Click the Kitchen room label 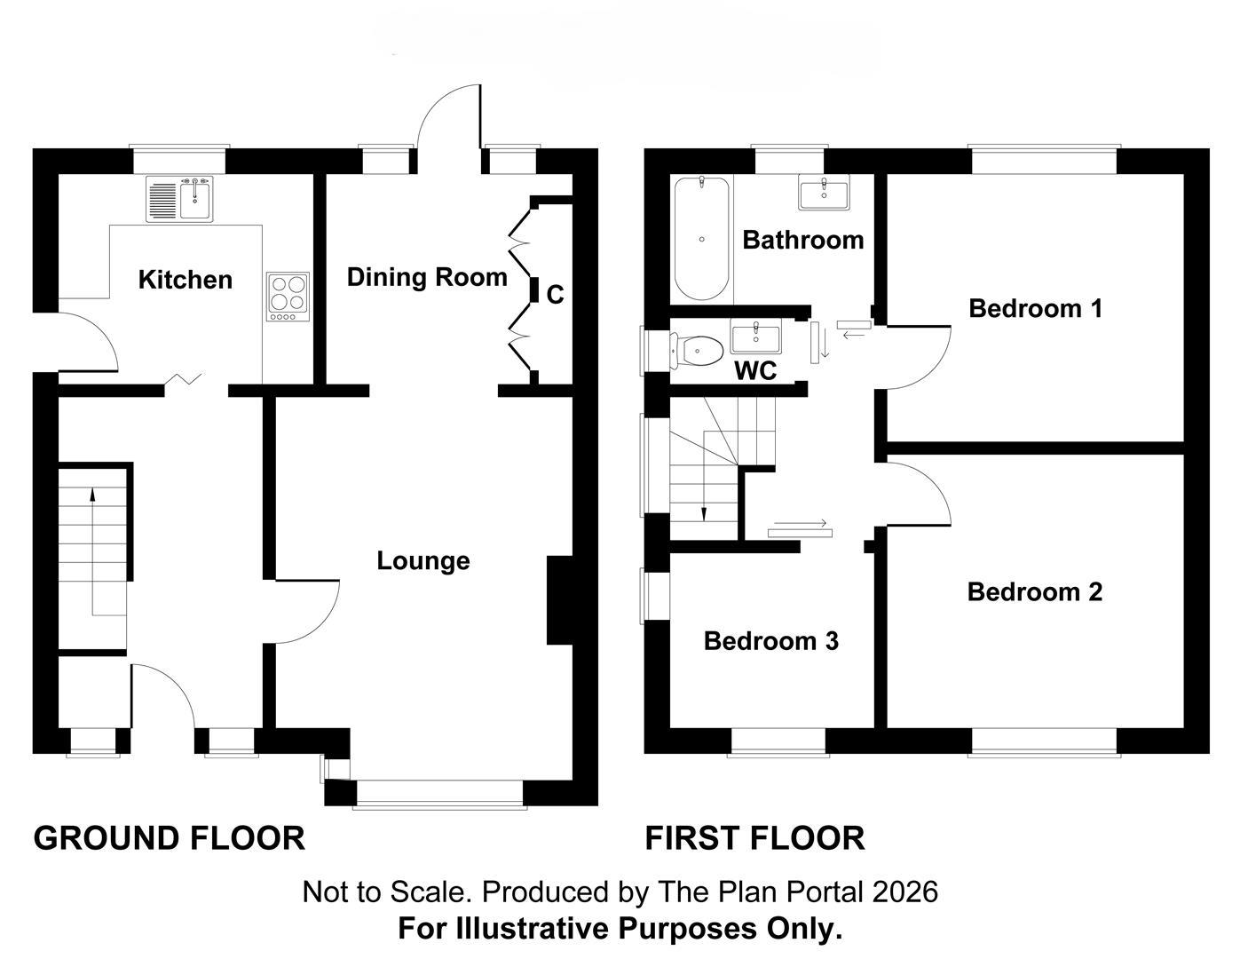coord(186,280)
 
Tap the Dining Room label coord(428,277)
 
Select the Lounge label coord(423,560)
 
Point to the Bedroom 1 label coord(1035,308)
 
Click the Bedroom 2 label coord(1035,592)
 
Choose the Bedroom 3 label coord(771,641)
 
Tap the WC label coord(755,371)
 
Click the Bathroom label coord(803,240)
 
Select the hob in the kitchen coord(288,297)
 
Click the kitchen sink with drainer coord(179,199)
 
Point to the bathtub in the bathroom coord(701,238)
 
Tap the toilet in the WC coord(697,351)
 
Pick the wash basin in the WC coord(755,337)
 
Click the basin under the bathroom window coord(824,193)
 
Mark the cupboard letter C coord(556,295)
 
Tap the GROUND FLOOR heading coord(170,838)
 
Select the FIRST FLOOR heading coord(755,838)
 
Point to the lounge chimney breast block coord(560,600)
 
